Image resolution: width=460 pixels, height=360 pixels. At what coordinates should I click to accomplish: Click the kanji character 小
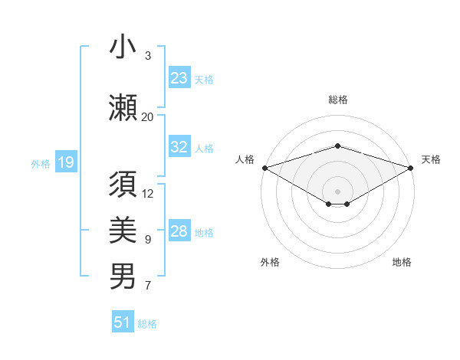(x=123, y=47)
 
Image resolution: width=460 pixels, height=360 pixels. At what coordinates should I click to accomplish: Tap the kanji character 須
(x=123, y=185)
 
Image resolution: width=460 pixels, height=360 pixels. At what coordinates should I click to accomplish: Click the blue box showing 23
(x=179, y=78)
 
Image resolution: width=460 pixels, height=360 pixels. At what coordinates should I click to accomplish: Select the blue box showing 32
(x=179, y=148)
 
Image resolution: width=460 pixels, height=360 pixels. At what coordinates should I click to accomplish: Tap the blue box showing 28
(x=179, y=231)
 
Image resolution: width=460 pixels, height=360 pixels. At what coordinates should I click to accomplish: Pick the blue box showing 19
(x=65, y=162)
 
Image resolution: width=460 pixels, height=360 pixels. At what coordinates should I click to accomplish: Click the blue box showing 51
(x=123, y=322)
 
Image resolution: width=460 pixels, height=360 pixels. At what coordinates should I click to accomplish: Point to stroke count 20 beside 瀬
(x=148, y=117)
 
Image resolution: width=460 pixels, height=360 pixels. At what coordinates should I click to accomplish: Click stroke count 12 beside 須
(x=149, y=194)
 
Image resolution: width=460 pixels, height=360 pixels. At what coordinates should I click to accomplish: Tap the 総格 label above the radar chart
(x=337, y=100)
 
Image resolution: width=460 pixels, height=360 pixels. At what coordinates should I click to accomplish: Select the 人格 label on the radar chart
(x=245, y=159)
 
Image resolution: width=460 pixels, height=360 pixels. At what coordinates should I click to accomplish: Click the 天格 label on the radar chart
(x=431, y=159)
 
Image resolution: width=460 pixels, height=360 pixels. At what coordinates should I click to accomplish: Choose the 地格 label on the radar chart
(x=402, y=262)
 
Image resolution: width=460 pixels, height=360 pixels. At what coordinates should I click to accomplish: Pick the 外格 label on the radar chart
(x=270, y=262)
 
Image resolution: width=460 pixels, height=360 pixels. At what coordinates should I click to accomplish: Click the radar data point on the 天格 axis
(x=411, y=167)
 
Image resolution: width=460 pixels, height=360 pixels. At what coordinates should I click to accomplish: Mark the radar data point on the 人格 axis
(x=264, y=167)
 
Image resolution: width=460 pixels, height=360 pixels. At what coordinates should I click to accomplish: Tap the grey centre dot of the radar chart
(x=337, y=191)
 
